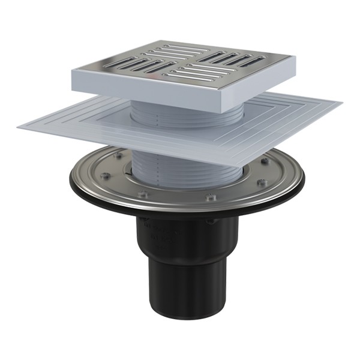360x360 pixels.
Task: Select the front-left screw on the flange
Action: (x=142, y=195)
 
